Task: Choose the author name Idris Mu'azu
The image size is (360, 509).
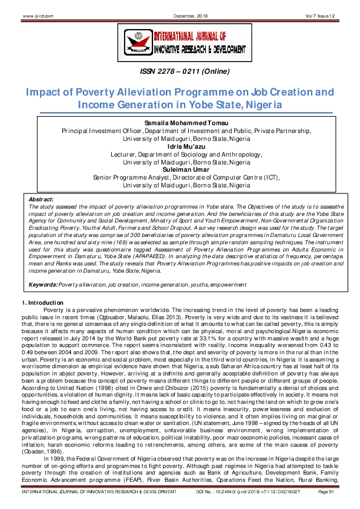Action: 180,146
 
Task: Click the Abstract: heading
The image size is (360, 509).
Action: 42,198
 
